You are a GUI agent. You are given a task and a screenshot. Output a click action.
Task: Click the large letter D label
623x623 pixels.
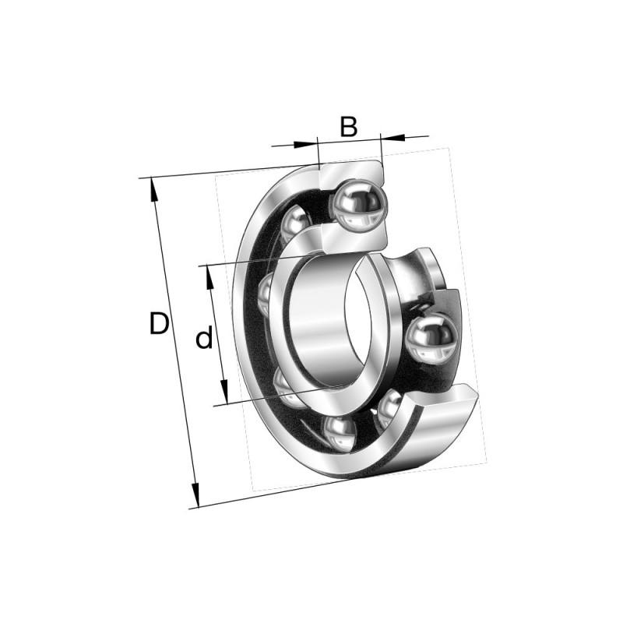159,323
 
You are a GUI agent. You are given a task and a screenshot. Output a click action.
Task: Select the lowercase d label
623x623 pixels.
204,339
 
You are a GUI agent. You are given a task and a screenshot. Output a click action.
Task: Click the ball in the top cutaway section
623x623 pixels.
358,204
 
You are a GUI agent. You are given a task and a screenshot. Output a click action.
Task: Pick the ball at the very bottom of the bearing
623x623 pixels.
339,433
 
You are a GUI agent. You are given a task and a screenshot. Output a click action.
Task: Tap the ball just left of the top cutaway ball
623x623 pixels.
294,224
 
